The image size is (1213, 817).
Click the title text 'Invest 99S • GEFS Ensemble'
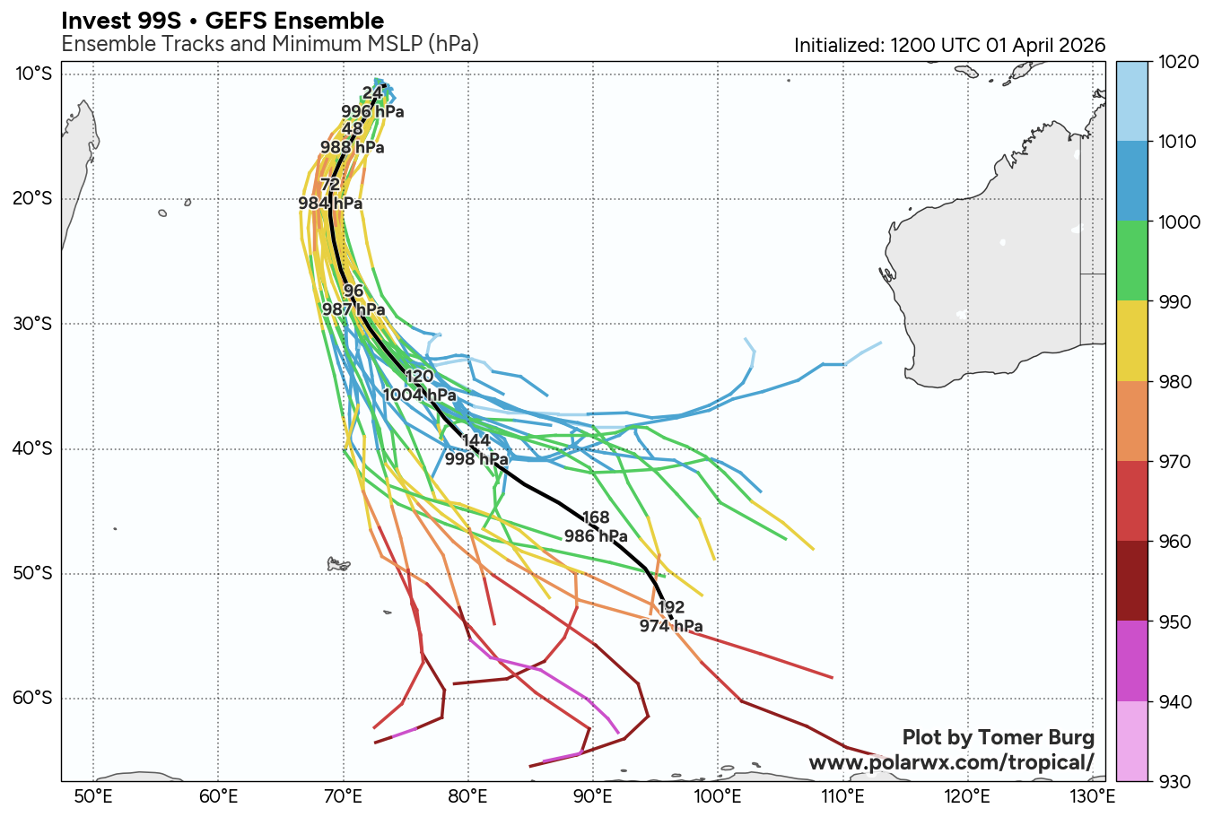[223, 21]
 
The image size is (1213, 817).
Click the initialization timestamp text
[949, 46]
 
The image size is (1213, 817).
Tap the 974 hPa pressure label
[671, 626]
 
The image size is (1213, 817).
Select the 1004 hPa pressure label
[420, 395]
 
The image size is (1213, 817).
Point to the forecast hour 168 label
[596, 517]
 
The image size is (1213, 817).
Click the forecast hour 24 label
[372, 92]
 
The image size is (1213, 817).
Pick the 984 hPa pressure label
[330, 204]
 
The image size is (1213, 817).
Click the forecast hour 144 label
[476, 439]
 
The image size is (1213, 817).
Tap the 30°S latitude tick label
[33, 324]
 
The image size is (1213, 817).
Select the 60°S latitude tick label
[33, 699]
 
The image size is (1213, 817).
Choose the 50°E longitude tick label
[92, 796]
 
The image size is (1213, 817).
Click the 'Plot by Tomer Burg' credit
[998, 737]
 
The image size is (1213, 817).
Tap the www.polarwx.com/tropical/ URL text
[951, 762]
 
